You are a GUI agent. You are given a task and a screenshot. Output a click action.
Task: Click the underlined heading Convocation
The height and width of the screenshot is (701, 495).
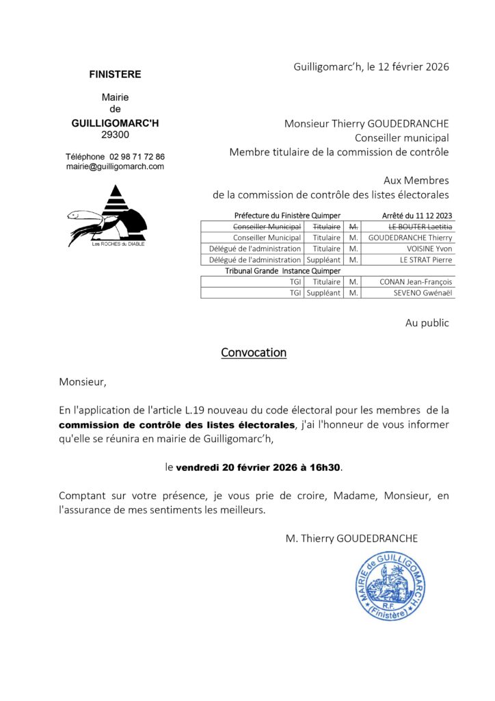(x=253, y=353)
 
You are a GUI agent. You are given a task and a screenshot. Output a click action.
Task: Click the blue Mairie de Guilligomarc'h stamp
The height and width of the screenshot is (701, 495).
(x=390, y=586)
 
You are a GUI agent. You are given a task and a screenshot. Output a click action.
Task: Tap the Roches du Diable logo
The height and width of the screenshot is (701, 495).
(x=107, y=216)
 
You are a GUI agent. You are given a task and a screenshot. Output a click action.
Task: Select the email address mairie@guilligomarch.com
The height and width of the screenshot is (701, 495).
(x=115, y=166)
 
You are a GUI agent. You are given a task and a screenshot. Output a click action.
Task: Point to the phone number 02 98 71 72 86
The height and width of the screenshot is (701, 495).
(x=137, y=157)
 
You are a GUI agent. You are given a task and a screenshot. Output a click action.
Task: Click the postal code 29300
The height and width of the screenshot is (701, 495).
(x=115, y=135)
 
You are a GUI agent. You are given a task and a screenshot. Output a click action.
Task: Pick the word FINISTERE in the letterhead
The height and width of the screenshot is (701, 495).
(x=115, y=74)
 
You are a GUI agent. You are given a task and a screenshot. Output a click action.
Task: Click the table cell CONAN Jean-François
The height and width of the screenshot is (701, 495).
(x=416, y=281)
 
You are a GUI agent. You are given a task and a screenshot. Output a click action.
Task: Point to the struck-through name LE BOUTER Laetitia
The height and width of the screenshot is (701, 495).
(x=420, y=227)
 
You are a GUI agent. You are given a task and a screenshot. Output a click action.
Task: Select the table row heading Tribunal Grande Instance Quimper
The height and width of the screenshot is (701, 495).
(x=273, y=270)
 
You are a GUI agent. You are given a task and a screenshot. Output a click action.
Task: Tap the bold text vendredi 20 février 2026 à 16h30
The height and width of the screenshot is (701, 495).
(x=259, y=468)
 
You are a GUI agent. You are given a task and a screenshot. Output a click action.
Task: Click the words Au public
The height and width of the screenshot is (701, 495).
(x=427, y=322)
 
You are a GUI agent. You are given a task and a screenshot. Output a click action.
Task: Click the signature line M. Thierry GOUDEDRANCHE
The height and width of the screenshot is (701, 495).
(x=351, y=539)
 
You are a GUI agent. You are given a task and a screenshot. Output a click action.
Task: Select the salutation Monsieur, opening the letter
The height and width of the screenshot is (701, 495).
(x=83, y=382)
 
